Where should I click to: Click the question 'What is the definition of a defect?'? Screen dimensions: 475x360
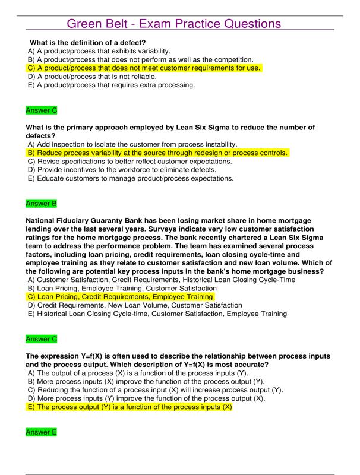click(87, 42)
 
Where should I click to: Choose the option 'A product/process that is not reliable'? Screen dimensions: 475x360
click(92, 76)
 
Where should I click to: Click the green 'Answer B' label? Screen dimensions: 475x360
click(41, 204)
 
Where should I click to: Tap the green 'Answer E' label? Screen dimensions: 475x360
click(41, 433)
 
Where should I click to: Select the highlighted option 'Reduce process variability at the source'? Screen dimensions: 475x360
click(158, 153)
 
